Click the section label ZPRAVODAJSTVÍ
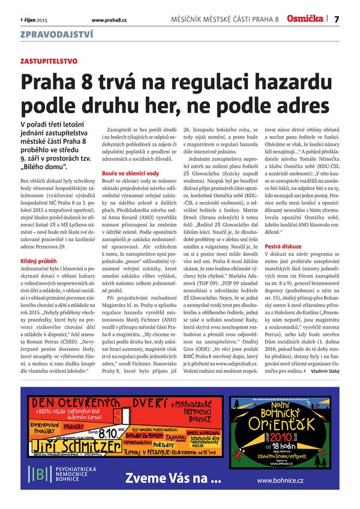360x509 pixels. pyautogui.click(x=51, y=35)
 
